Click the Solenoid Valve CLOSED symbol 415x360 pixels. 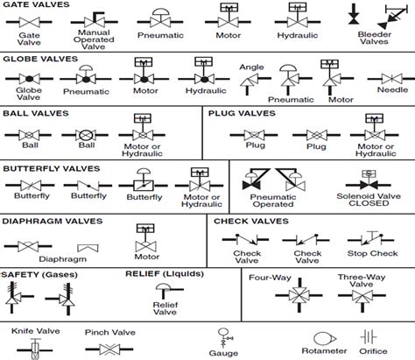click(369, 186)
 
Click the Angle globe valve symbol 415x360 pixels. click(251, 81)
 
